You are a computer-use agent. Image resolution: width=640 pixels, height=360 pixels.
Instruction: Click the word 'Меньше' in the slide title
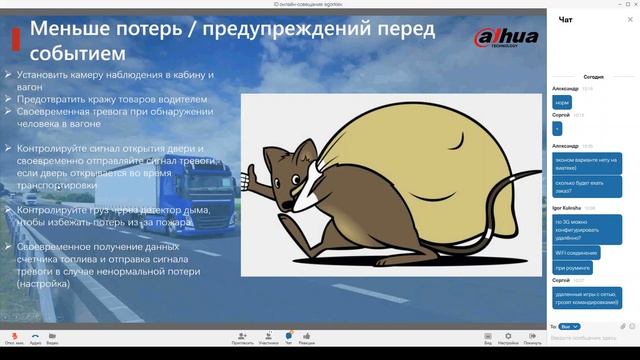[76, 27]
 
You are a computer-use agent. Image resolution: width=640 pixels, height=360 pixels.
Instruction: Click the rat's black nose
[285, 207]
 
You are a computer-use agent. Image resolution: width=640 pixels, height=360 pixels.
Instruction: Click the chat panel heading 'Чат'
[566, 19]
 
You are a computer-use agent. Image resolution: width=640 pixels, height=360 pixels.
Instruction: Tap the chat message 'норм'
[563, 102]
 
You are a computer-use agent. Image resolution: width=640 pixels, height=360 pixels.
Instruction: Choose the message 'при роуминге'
[572, 267]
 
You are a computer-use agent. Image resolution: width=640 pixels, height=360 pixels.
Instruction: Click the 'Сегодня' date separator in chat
[593, 76]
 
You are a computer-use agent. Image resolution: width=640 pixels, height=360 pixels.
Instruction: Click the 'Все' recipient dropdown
[567, 326]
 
